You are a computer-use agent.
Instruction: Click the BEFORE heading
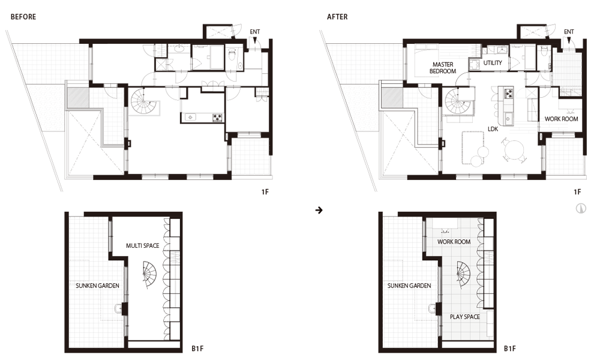point(23,17)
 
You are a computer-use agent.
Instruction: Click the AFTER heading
point(337,17)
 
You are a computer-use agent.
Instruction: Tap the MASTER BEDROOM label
point(443,68)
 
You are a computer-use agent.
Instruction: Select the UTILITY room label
point(493,63)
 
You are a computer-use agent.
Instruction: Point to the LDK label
point(493,129)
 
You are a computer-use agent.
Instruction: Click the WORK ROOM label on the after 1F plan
point(562,119)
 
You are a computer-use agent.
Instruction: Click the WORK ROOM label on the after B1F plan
point(454,242)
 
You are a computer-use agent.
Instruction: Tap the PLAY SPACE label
point(464,317)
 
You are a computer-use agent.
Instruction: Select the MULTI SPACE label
point(143,245)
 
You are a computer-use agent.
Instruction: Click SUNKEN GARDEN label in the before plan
point(97,286)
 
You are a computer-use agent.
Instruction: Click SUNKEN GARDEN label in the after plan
point(409,286)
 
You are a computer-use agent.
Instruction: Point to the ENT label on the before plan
point(255,32)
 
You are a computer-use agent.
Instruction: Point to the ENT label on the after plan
point(569,32)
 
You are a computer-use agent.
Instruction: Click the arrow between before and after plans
point(319,210)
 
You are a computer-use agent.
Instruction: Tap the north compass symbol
point(581,209)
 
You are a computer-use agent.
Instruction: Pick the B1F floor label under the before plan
point(197,349)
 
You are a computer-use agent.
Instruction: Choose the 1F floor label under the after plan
point(577,192)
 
